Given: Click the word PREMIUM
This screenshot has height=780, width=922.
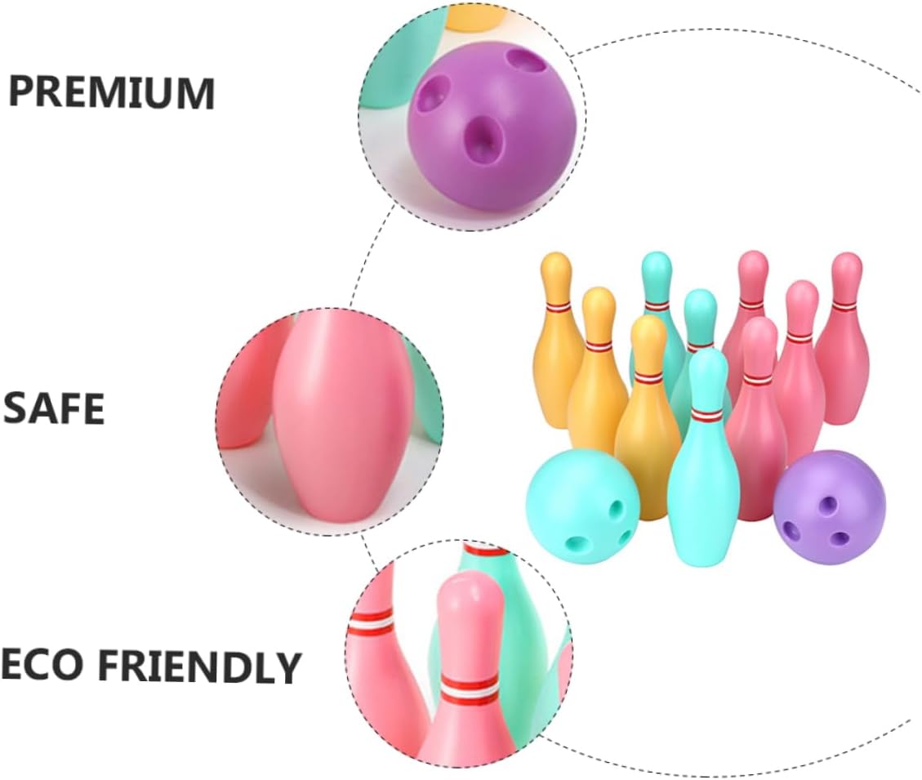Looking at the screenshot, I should tap(111, 93).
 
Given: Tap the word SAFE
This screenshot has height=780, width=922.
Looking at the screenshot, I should tap(54, 408).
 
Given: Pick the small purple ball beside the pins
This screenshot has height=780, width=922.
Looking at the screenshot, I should tap(829, 508).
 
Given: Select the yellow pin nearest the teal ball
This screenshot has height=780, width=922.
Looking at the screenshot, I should tap(647, 433).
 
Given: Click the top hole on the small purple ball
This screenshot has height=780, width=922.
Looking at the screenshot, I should tap(828, 505).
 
